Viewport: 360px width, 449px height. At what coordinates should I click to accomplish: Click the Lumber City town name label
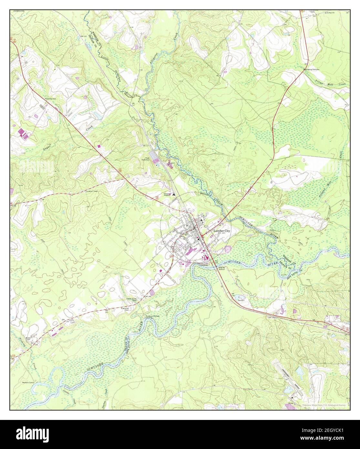(x=222, y=231)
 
